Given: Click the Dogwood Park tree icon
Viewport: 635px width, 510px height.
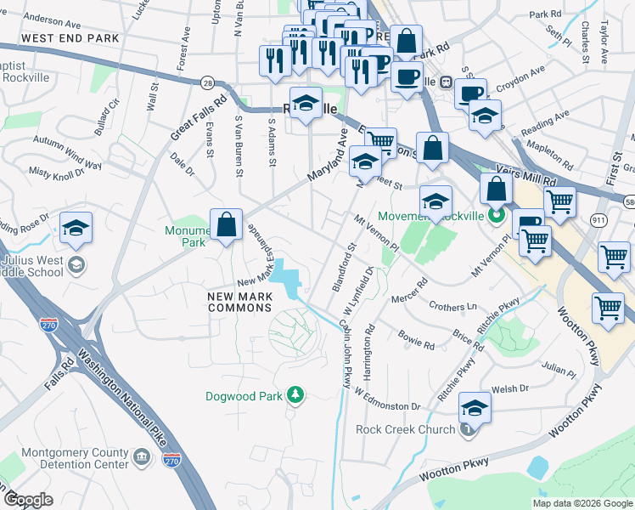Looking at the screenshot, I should (295, 394).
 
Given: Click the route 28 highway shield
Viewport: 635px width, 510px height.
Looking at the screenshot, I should (207, 82).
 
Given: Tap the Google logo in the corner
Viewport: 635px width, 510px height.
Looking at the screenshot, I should (28, 500).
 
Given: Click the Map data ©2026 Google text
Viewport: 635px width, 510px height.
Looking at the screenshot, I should (582, 503).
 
